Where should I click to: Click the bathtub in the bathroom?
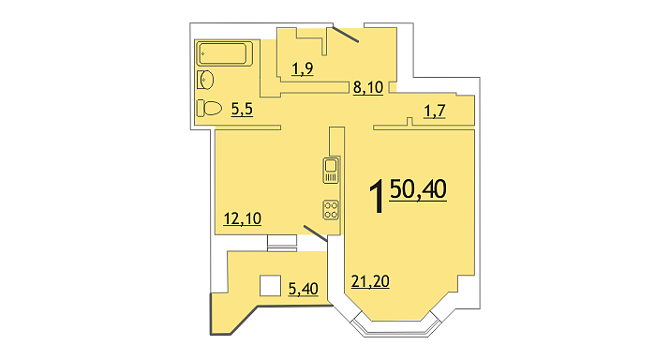coord(224,53)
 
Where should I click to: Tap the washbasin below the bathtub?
coord(205,80)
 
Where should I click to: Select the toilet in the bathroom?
coord(209,108)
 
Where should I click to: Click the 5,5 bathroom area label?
coord(242,110)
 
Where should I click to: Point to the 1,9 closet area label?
coord(303,68)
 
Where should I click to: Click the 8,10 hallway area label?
coord(368,87)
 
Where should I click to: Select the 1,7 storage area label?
coord(435,112)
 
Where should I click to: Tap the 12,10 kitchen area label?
coord(243,219)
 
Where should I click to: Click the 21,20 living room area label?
coord(370,282)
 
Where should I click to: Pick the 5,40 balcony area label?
coord(303,289)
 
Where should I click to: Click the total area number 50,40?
coord(418,189)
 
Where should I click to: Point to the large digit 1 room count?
coord(377,196)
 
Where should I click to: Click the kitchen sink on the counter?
coord(331,171)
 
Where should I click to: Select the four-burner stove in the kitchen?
coord(331,210)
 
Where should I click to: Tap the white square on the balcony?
coord(271,286)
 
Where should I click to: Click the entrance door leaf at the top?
coord(345,35)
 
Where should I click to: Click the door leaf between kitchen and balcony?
coord(316,233)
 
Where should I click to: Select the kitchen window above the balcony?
coord(282,243)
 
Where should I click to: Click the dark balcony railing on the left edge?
coord(211,313)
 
